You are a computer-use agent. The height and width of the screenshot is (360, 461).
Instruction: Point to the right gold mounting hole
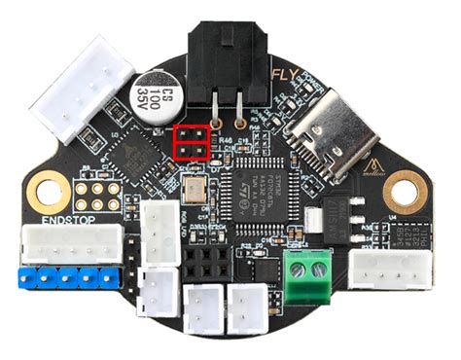[x=407, y=193]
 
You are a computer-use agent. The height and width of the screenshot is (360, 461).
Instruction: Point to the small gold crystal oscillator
[x=200, y=191]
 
